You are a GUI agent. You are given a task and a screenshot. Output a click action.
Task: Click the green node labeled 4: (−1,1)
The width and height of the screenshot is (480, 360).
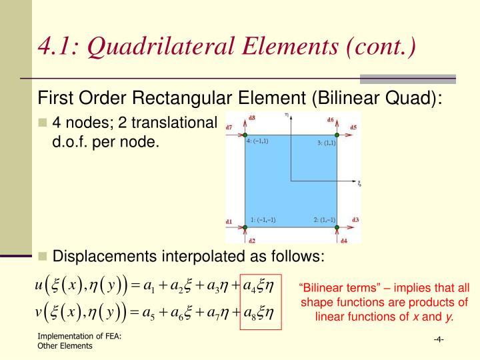[245, 135]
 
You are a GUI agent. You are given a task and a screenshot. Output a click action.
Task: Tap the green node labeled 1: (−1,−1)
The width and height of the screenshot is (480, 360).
[245, 227]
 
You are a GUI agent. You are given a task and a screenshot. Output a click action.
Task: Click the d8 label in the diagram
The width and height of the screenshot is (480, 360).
[251, 119]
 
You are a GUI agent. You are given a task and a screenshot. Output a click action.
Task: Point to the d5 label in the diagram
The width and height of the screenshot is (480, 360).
[353, 127]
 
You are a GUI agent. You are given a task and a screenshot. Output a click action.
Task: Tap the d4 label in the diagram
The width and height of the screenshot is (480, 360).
[344, 240]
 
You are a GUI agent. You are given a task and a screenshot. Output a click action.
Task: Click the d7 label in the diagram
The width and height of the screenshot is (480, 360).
[229, 127]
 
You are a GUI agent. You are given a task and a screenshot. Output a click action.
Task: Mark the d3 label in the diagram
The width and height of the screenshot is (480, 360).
[355, 220]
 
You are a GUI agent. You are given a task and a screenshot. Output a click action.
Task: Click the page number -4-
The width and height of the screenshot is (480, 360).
[439, 340]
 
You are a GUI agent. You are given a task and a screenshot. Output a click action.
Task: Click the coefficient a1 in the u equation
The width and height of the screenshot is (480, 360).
[149, 287]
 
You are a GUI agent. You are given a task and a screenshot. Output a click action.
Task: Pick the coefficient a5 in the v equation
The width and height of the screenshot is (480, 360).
[149, 312]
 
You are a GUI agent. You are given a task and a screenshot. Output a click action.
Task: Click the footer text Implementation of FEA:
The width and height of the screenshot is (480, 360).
[79, 336]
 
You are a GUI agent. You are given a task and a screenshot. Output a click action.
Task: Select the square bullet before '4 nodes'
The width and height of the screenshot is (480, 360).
[43, 123]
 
